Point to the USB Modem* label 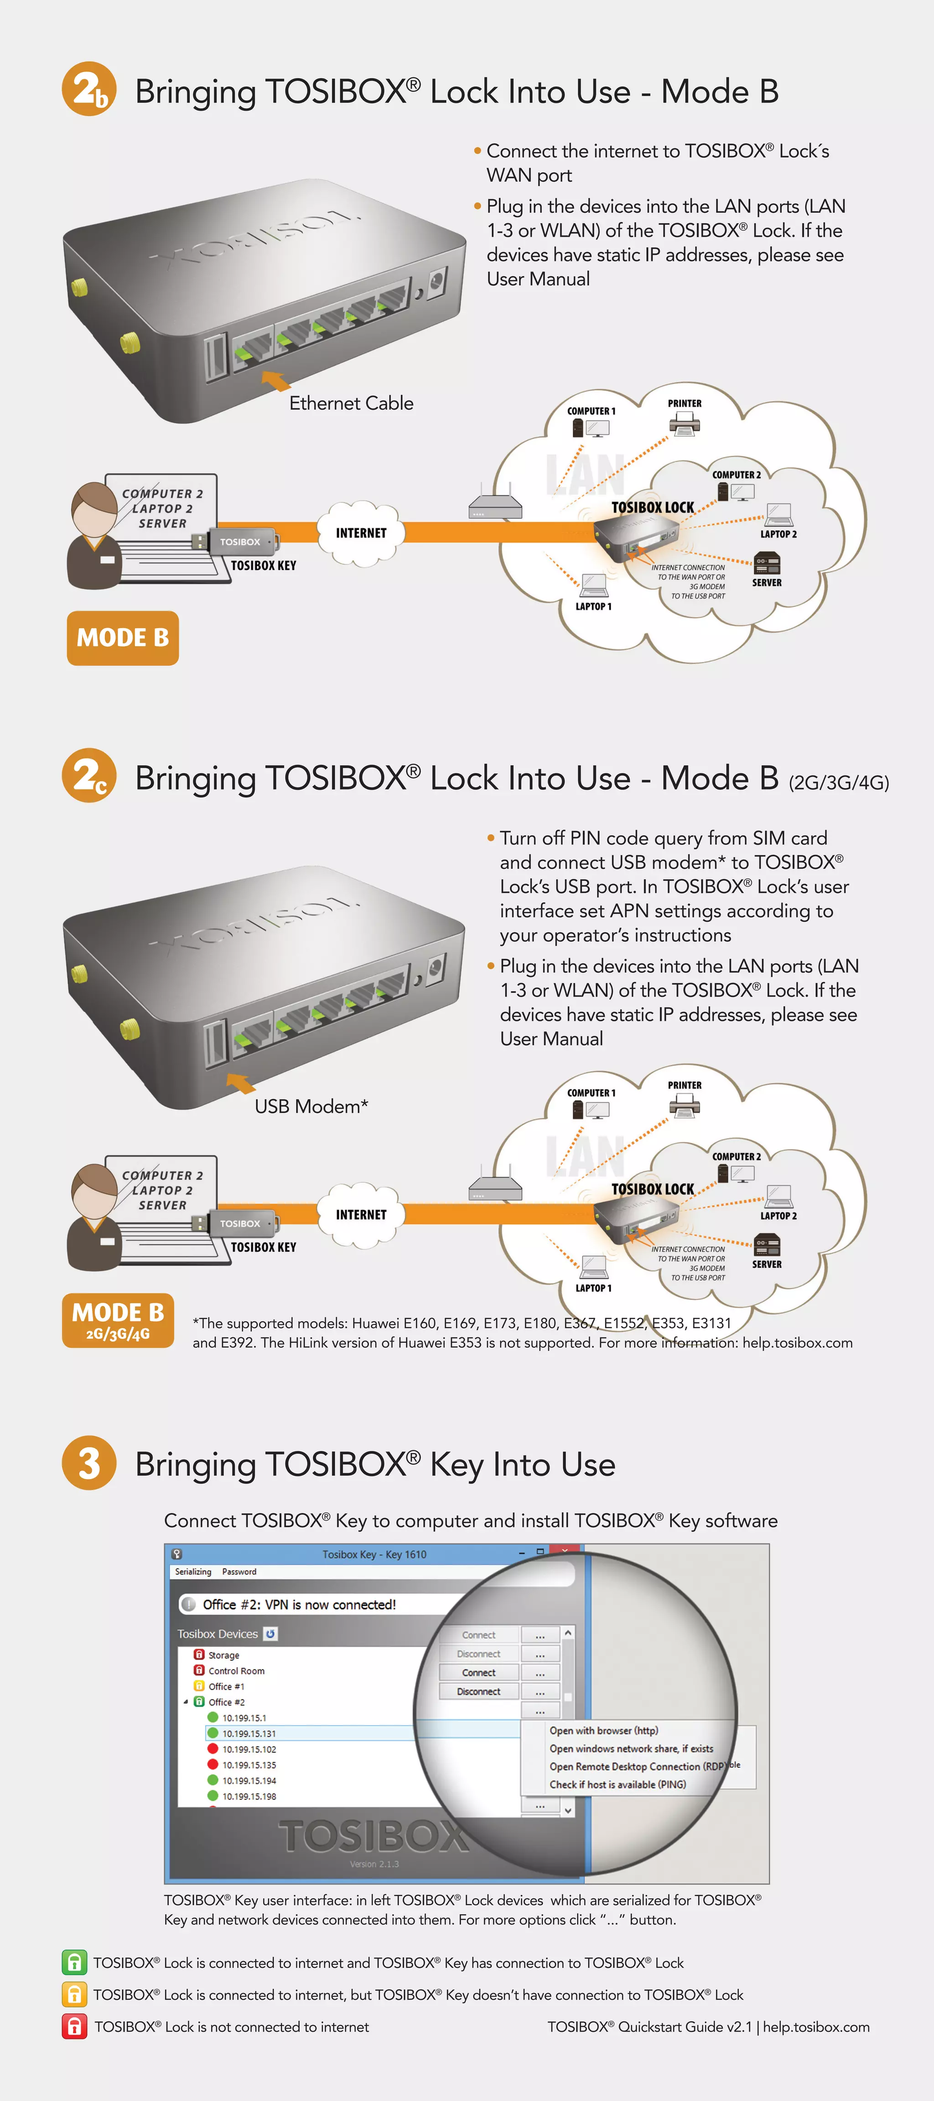[311, 1107]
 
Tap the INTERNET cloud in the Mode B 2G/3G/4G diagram [361, 1215]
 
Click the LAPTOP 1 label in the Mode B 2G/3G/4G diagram [593, 1288]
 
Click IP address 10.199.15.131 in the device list [249, 1733]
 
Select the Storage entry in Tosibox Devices [223, 1655]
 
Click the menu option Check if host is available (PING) [617, 1785]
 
